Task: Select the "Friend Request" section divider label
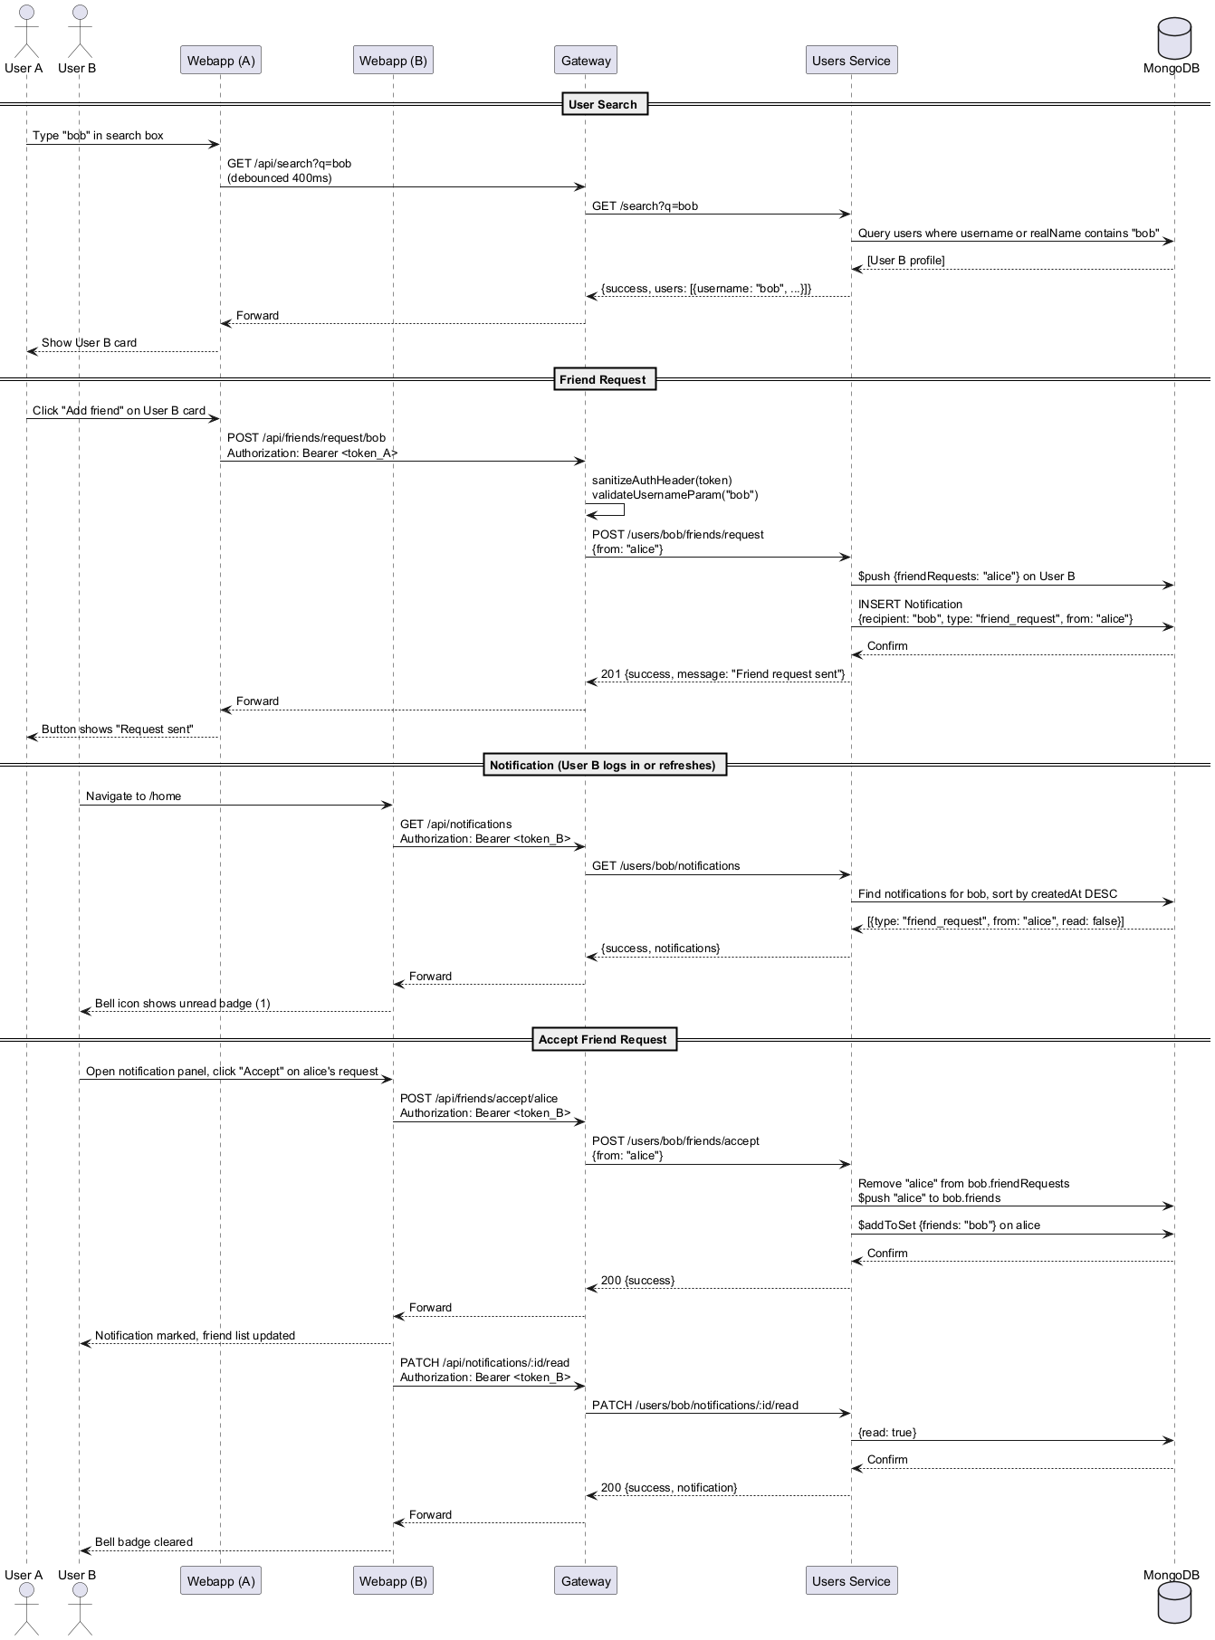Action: (604, 379)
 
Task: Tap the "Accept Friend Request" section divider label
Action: (604, 1039)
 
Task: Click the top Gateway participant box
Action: (586, 61)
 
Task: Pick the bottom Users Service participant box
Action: (851, 1580)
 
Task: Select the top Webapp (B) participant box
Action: (393, 61)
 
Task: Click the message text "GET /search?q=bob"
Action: (645, 206)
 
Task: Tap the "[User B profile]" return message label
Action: (905, 261)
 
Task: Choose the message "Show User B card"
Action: (89, 343)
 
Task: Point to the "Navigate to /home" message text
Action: (133, 796)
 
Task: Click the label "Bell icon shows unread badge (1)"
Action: (182, 1004)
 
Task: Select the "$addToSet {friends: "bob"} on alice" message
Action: (949, 1225)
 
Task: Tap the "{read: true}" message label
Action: (887, 1433)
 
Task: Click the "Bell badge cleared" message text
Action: (143, 1542)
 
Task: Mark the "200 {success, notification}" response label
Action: (669, 1488)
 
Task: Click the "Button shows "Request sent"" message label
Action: (117, 729)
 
